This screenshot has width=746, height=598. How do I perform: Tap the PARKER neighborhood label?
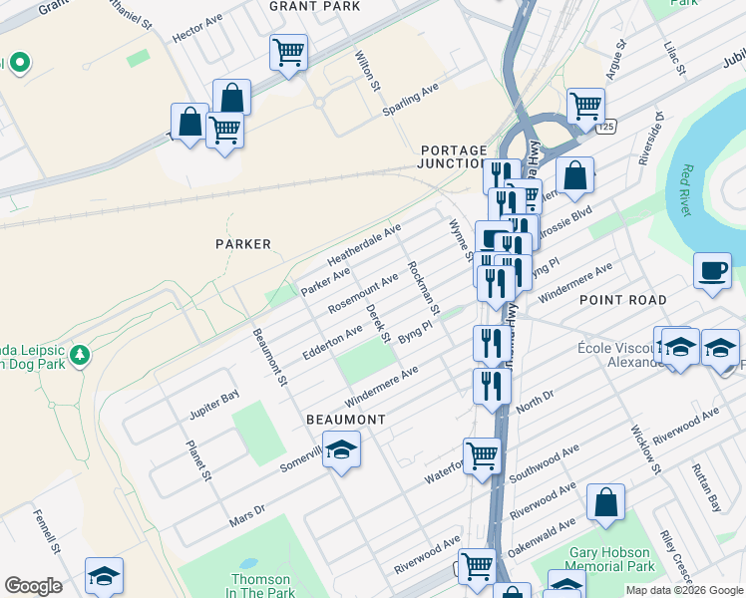pos(243,243)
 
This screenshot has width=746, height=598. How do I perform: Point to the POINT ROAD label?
pos(622,300)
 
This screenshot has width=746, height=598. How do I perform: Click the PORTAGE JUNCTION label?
pos(453,156)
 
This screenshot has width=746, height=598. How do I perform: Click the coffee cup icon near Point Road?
pos(712,271)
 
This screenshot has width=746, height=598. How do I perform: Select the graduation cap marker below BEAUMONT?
pos(341,450)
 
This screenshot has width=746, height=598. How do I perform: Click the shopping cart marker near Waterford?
pos(483,456)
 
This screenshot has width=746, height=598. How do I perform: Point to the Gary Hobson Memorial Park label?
pos(611,559)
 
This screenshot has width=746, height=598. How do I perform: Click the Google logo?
pos(33,586)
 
